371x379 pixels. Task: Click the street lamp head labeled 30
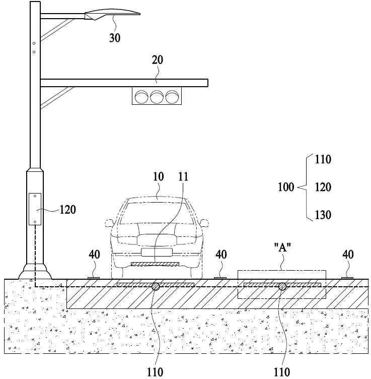pos(112,14)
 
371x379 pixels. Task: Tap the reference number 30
pos(115,38)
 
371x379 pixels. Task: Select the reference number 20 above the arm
pos(158,60)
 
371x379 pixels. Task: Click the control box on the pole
pos(35,209)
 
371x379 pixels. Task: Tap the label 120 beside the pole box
pos(68,210)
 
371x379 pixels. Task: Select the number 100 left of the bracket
pos(286,187)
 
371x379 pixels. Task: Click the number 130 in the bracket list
pos(323,215)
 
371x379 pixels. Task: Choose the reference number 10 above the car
pos(159,177)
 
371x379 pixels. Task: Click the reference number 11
pos(183,177)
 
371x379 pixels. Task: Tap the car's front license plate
pos(157,252)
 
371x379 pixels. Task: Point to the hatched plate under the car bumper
pos(155,264)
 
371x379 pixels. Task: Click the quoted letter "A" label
pos(282,247)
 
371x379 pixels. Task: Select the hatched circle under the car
pos(156,287)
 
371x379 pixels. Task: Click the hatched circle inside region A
pos(282,287)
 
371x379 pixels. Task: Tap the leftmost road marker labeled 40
pos(94,278)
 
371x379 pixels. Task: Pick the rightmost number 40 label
pos(348,255)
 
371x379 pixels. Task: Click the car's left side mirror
pos(109,223)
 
